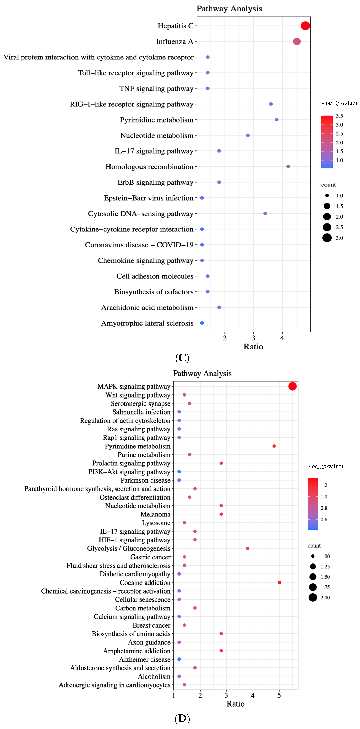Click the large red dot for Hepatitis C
tap(305, 26)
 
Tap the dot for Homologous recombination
tap(288, 166)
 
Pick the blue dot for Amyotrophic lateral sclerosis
tap(202, 323)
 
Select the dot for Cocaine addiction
tap(279, 582)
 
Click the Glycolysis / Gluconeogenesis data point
tap(248, 548)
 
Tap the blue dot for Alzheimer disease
tap(179, 659)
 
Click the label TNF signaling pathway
tap(156, 89)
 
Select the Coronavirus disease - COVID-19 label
tap(139, 245)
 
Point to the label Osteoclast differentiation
tap(135, 497)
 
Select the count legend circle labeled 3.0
tap(327, 238)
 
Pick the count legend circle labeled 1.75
tap(313, 587)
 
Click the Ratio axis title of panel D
tap(235, 704)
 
